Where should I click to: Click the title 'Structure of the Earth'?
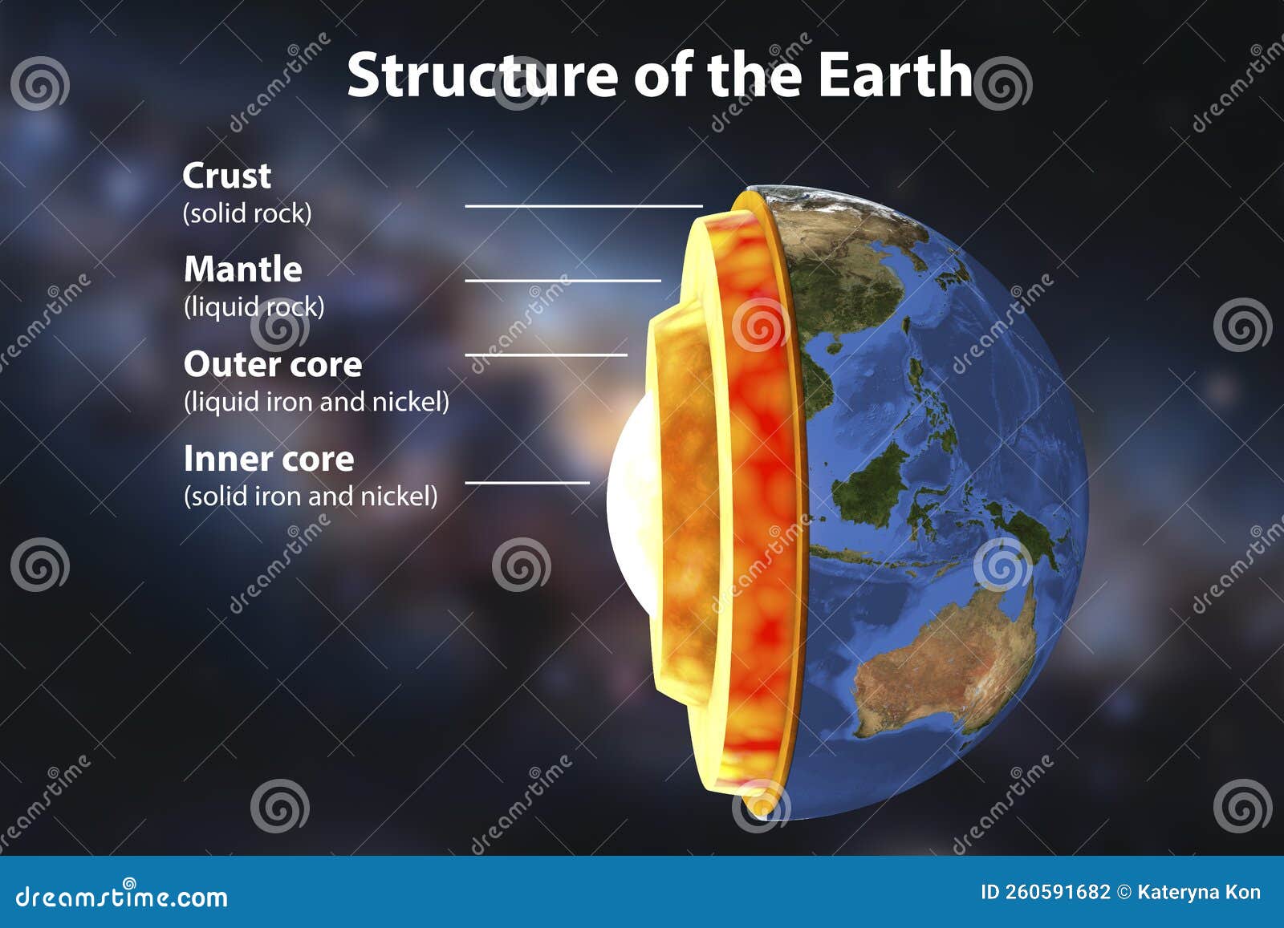[x=659, y=75]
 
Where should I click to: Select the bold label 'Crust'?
[x=226, y=176]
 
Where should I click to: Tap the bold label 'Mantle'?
[x=242, y=269]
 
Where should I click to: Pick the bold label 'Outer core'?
[x=273, y=364]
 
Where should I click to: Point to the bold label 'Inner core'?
[x=268, y=459]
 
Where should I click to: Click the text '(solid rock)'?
[x=247, y=213]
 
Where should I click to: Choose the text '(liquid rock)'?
[x=254, y=307]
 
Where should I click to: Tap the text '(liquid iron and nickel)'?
[x=316, y=401]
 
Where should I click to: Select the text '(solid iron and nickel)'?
[x=311, y=496]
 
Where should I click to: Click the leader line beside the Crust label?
[x=583, y=206]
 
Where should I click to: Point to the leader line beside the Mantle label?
[x=563, y=281]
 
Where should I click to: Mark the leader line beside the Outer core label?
[x=546, y=355]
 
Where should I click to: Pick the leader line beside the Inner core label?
[x=527, y=483]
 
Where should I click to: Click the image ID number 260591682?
[x=1057, y=892]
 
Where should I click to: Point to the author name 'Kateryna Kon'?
[x=1199, y=892]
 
